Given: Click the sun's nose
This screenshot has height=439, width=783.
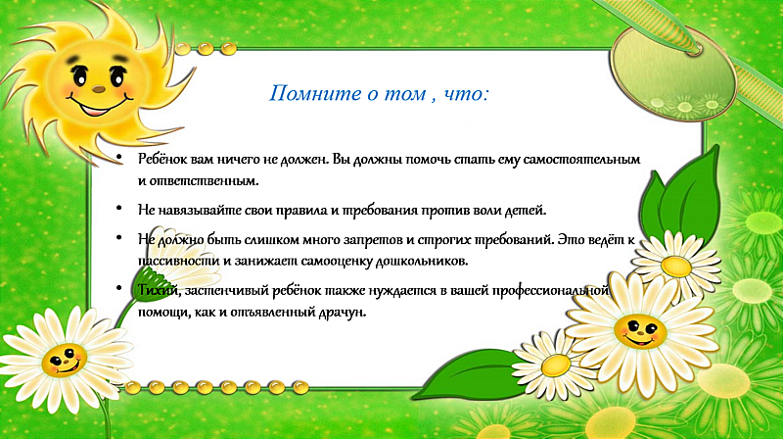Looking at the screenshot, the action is coord(99,89).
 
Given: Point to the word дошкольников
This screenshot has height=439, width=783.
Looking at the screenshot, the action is coord(422,261).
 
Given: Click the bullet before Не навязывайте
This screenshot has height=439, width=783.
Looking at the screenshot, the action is coord(118,208).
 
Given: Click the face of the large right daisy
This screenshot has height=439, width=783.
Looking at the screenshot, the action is coord(639,331).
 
